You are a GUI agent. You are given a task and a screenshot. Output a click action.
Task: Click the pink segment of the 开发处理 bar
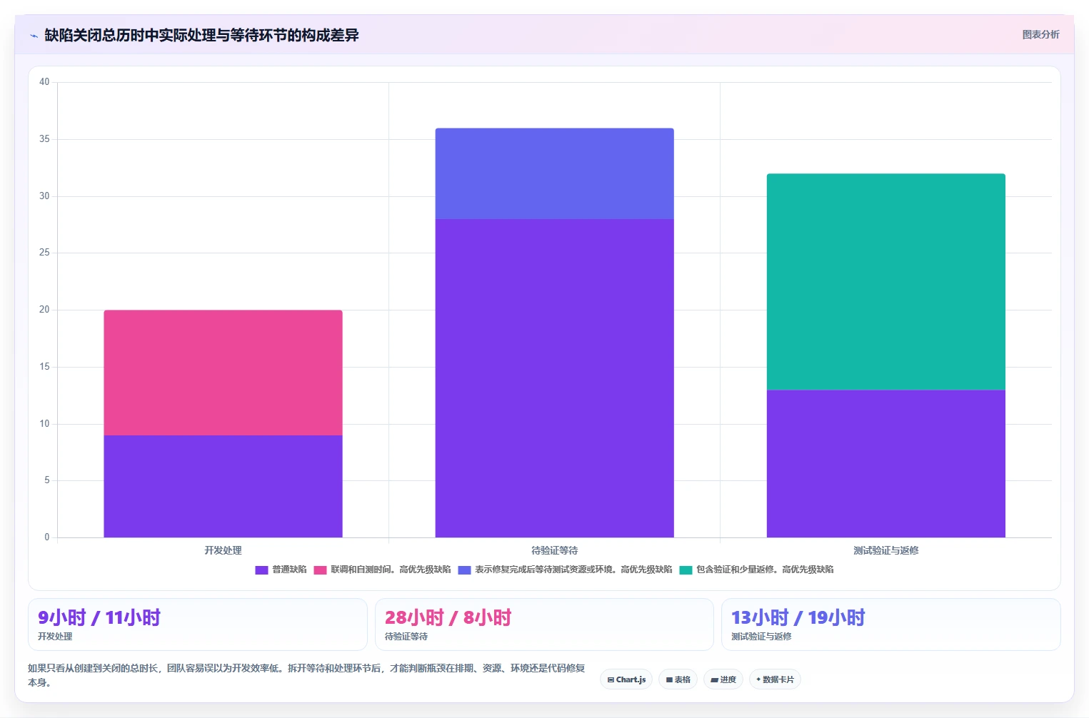223,373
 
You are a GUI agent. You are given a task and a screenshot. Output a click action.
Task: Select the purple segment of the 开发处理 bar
223,486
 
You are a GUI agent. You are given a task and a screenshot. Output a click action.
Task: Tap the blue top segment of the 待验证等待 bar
554,173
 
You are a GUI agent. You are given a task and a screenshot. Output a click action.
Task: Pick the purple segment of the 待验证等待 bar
554,378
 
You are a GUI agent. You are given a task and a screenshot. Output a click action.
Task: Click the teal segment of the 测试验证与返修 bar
885,282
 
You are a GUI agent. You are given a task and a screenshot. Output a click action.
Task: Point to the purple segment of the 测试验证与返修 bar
885,463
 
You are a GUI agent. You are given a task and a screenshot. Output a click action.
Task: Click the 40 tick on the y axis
44,81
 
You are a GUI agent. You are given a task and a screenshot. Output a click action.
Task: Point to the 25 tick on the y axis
44,252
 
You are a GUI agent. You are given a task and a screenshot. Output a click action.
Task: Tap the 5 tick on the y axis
46,480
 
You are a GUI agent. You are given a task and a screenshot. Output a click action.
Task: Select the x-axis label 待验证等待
554,550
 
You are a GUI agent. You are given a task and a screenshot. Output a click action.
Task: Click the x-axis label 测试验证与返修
885,550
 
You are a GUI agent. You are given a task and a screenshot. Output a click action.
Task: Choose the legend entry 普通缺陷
281,570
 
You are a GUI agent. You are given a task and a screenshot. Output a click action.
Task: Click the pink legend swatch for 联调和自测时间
320,570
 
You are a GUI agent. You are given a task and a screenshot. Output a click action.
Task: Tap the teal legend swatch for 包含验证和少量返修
686,570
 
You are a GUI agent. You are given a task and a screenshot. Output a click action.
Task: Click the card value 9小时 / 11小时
99,617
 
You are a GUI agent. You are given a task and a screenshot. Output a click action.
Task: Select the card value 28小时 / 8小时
448,617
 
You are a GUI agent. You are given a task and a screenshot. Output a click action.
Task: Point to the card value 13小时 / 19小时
798,617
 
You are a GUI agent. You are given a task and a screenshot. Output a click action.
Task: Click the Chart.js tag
626,679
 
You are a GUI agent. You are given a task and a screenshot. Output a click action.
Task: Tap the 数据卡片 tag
775,679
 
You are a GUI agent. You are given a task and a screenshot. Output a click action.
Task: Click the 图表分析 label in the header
1040,34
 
